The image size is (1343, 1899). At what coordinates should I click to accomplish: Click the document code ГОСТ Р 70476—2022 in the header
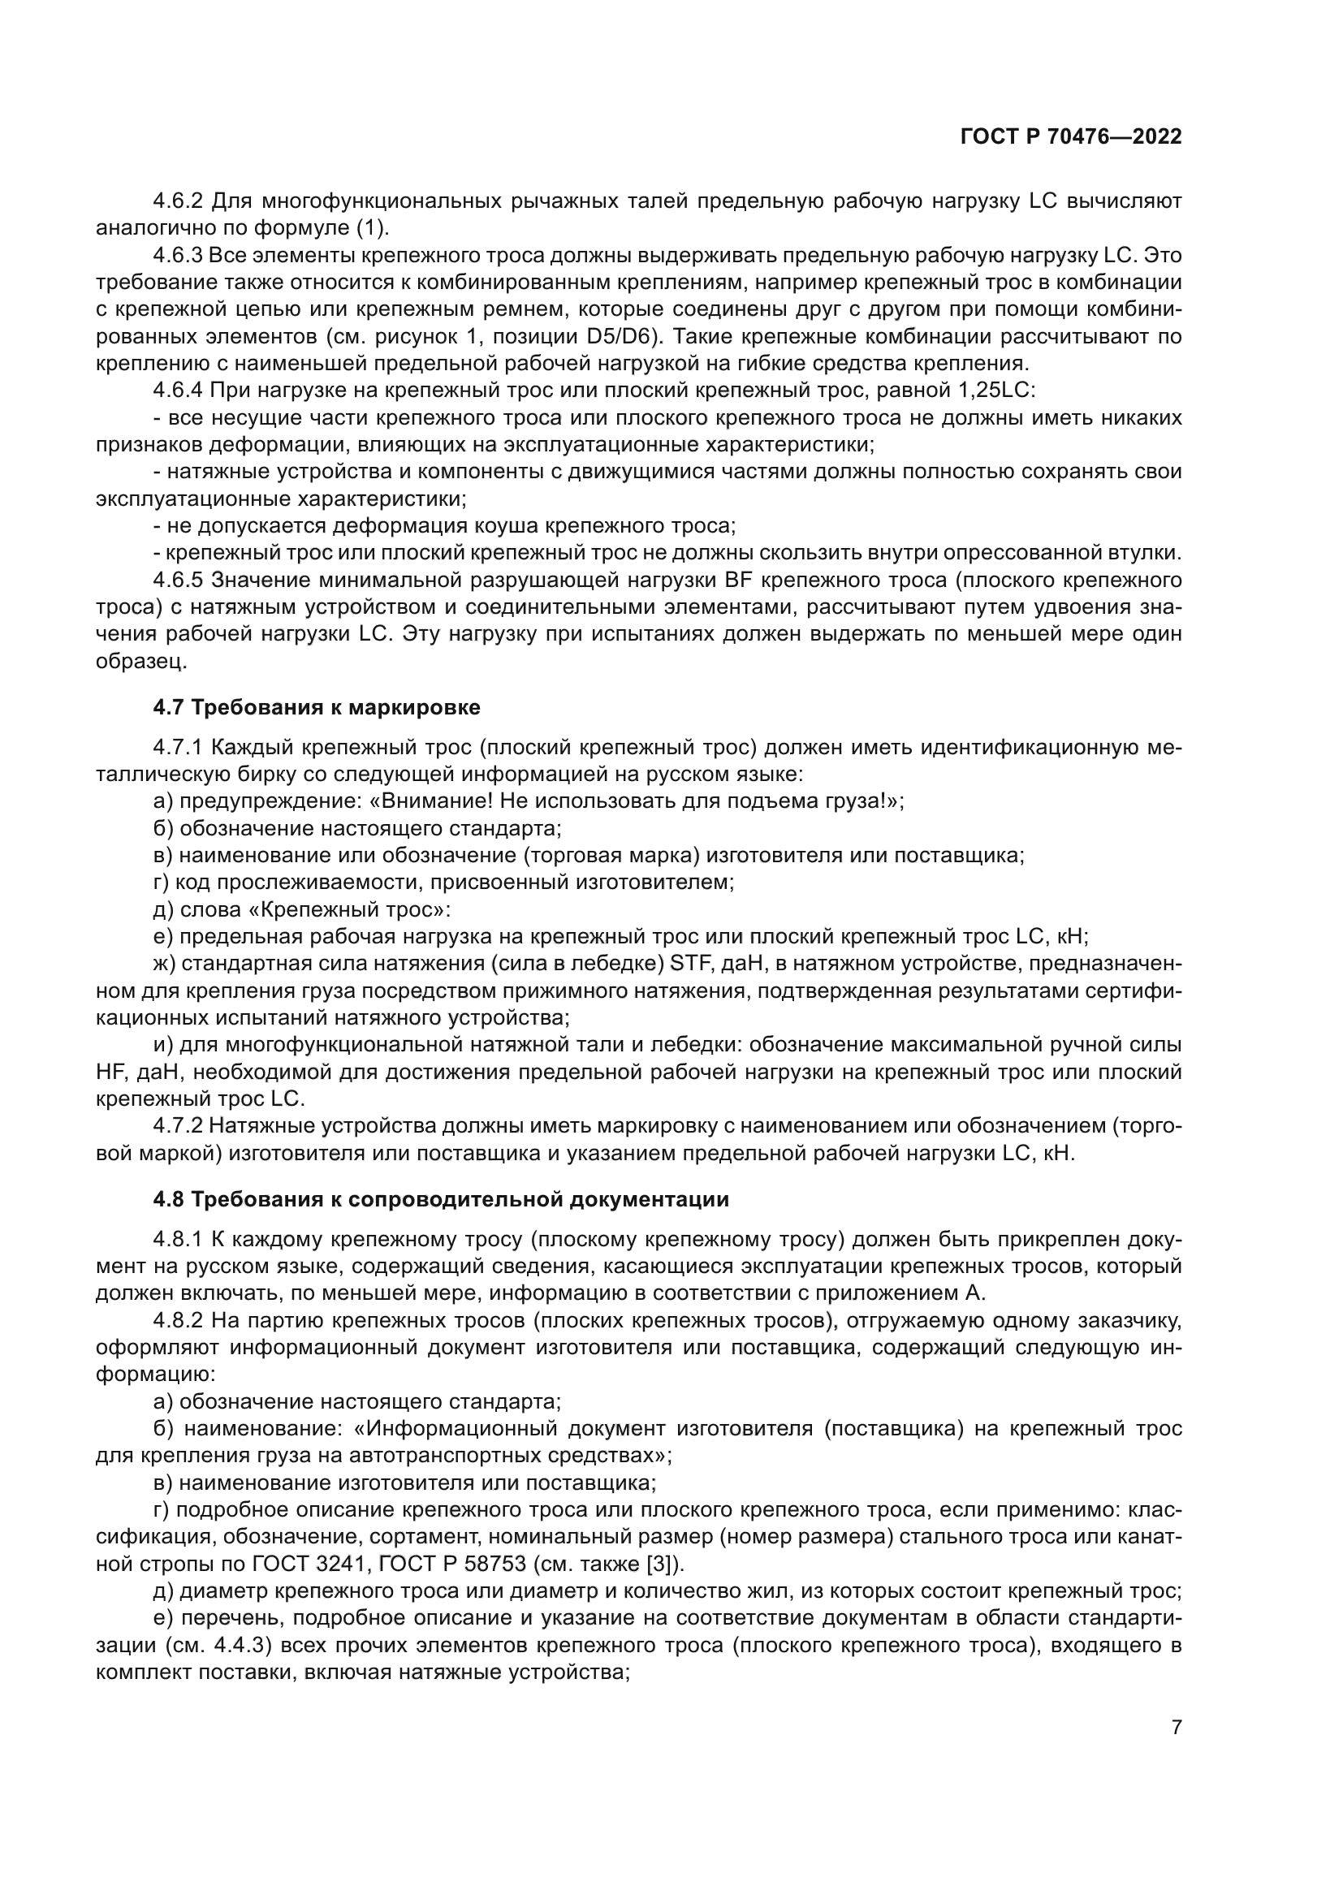click(1071, 137)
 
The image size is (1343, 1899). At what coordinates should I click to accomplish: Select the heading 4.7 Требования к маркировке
click(317, 707)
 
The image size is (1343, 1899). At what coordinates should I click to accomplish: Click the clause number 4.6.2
click(178, 201)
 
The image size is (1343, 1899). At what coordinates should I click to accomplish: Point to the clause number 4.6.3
click(178, 256)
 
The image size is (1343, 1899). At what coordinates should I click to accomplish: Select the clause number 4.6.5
click(178, 580)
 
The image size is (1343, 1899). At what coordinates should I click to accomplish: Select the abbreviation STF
click(688, 964)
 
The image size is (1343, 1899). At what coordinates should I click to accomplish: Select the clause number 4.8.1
click(178, 1239)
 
